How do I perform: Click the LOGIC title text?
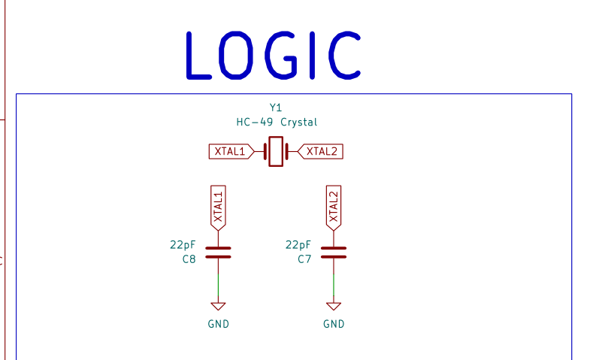(274, 56)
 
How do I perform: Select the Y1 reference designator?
(276, 107)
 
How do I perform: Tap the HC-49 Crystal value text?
(277, 123)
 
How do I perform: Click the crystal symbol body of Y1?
(276, 152)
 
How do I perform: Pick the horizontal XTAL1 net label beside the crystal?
(231, 152)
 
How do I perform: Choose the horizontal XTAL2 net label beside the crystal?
(320, 152)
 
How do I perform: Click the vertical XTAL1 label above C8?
(219, 208)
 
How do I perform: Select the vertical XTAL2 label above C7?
(334, 208)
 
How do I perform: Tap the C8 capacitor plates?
(219, 253)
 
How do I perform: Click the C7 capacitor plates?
(334, 253)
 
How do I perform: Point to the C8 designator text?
(189, 259)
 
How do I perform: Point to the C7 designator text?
(304, 259)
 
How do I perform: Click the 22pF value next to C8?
(183, 245)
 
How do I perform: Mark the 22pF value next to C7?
(298, 245)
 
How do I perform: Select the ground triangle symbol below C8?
(219, 307)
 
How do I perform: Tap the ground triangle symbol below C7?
(334, 307)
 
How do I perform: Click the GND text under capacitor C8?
(219, 324)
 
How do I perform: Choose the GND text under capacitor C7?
(334, 324)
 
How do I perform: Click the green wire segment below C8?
(219, 285)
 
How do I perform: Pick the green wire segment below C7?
(334, 285)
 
